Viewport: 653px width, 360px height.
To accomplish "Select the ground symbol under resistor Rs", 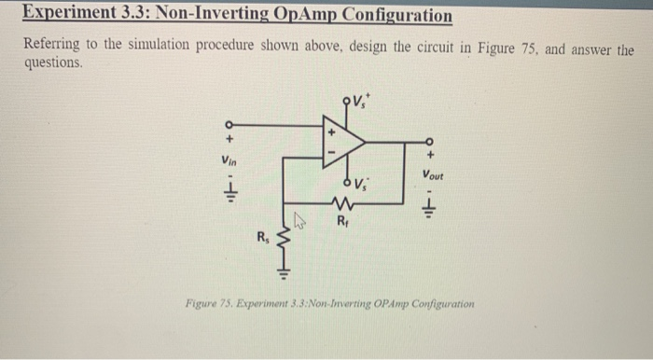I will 285,273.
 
